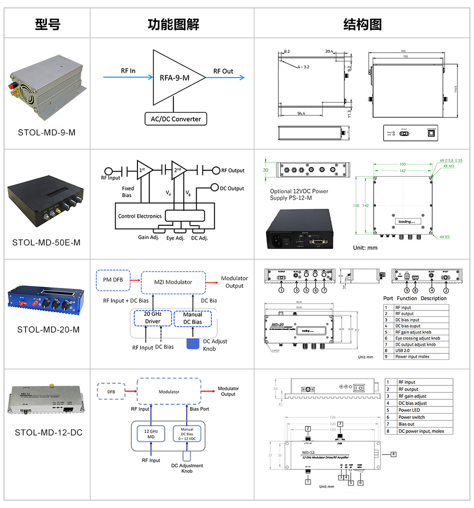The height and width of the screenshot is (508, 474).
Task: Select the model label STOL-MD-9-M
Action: (x=46, y=132)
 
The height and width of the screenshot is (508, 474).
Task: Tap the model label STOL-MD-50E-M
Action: (x=46, y=242)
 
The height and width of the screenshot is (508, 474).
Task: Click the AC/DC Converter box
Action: (x=176, y=119)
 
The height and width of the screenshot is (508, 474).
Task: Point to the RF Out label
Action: (x=223, y=71)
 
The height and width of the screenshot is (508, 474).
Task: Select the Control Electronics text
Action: (x=140, y=216)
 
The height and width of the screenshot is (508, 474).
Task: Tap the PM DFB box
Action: (x=112, y=279)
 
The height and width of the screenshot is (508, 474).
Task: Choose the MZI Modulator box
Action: (x=173, y=282)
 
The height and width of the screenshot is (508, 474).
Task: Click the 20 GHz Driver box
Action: (x=153, y=318)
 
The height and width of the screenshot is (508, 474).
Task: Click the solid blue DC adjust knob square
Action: (x=193, y=344)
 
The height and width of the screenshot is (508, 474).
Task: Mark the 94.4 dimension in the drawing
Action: (x=301, y=113)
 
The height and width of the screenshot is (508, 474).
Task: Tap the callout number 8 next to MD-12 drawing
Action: (x=393, y=454)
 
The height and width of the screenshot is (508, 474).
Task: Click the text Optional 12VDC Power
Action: (x=299, y=191)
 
